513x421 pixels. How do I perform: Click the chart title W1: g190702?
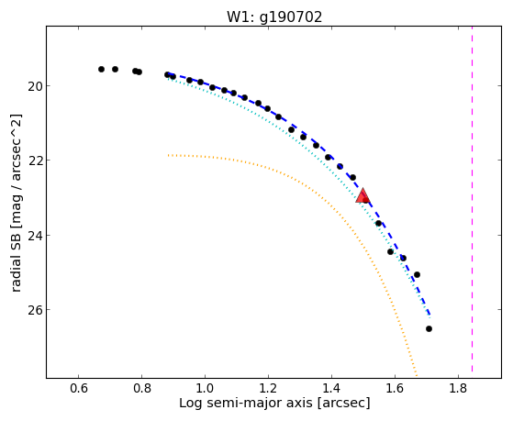click(x=274, y=17)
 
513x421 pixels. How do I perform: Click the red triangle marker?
click(x=362, y=195)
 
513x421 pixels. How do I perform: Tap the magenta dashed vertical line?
click(x=472, y=199)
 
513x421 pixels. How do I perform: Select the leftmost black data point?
click(x=102, y=70)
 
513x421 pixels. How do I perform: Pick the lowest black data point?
click(x=429, y=328)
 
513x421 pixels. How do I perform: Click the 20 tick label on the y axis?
click(x=35, y=86)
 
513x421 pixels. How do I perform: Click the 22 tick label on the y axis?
click(x=35, y=161)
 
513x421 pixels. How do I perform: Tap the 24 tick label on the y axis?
click(x=35, y=236)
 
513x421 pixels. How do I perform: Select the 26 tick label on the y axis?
click(x=35, y=310)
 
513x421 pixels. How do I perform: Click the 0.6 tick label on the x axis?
click(x=79, y=388)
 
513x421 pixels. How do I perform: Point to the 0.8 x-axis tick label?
click(x=141, y=388)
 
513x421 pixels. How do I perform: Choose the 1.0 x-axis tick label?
click(x=205, y=388)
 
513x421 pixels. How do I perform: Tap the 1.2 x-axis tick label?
click(x=268, y=388)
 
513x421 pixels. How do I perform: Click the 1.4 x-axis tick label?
click(x=331, y=388)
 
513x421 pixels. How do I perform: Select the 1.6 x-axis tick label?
click(x=396, y=388)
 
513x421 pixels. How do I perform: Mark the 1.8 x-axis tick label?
click(x=458, y=388)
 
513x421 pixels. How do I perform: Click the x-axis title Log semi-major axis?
click(x=246, y=403)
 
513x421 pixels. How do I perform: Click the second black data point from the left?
click(x=115, y=70)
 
